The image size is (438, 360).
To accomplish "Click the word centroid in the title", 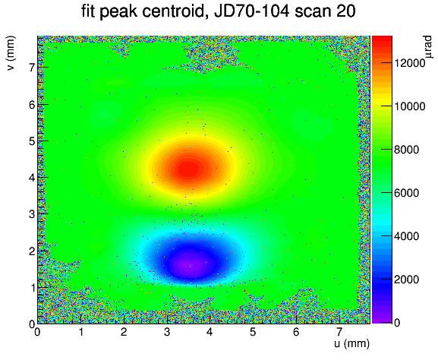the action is [175, 11].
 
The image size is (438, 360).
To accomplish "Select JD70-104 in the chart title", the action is [251, 11].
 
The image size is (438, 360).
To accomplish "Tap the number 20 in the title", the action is [346, 11].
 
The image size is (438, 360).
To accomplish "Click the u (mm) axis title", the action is [352, 343].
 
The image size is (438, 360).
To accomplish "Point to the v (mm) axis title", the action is [11, 53].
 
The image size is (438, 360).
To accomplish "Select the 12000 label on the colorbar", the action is [409, 63].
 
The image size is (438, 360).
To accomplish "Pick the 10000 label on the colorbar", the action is [409, 106].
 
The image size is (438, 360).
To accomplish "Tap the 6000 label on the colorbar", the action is [406, 193].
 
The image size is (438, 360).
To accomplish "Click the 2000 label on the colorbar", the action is [406, 279].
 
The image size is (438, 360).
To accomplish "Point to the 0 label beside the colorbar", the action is [397, 323].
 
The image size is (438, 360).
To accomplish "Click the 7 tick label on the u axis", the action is [339, 333].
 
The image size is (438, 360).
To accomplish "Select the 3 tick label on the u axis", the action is [167, 333].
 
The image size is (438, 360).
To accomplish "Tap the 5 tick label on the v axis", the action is [33, 141].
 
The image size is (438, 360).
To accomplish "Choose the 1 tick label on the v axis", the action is [33, 288].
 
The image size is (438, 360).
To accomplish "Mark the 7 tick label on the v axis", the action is [33, 68].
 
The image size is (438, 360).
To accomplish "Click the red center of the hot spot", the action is [189, 169].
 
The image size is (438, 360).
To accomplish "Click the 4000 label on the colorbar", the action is [406, 236].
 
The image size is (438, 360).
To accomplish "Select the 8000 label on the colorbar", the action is [406, 150].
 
